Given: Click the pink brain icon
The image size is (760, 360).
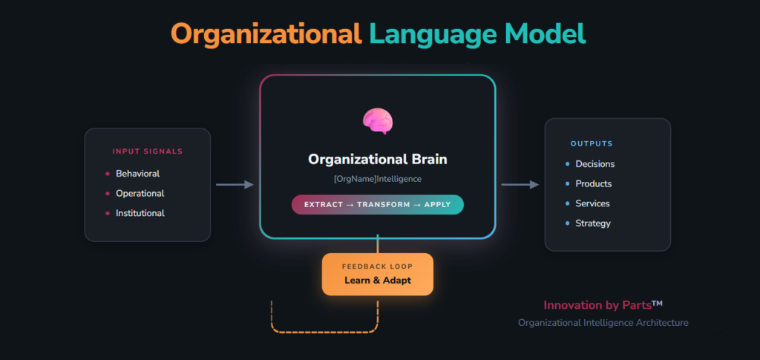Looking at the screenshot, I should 377,121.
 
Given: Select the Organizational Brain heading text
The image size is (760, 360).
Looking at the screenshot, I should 377,160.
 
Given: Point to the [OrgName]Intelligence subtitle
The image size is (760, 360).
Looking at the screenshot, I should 377,179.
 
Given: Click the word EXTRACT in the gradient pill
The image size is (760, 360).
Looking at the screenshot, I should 321,204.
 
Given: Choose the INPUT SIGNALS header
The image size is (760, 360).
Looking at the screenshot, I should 147,151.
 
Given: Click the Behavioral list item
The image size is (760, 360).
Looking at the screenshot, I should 137,174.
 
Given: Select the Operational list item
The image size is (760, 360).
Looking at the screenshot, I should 140,193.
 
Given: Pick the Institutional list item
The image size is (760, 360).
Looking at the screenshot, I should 140,213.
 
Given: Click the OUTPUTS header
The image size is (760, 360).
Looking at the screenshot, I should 592,143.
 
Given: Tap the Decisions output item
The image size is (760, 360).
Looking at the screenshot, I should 594,164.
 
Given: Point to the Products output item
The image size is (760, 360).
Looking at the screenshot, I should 593,183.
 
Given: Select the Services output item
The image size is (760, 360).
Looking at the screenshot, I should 592,203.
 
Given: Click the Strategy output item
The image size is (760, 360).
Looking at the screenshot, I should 592,223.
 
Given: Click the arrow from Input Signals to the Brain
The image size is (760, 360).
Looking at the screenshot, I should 235,184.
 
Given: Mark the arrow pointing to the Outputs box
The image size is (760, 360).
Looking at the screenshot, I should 520,184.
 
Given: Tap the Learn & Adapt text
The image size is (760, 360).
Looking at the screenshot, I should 377,281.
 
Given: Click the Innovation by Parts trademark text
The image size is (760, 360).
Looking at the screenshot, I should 603,305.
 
